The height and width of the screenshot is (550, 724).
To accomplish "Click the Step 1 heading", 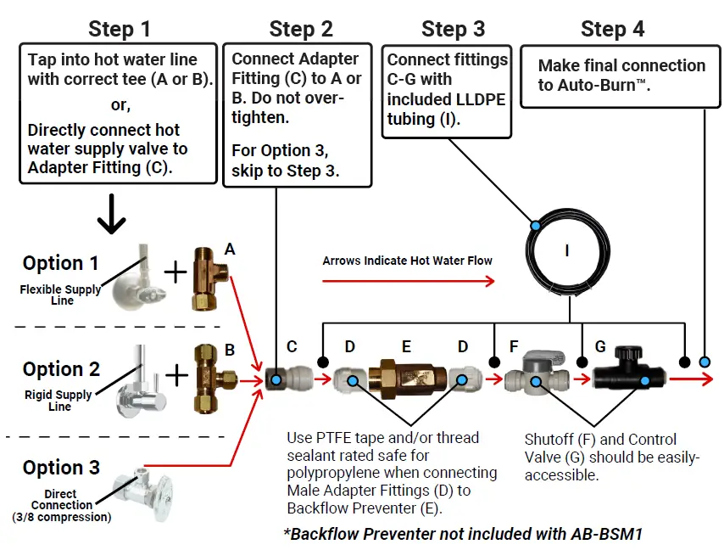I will point(120,29).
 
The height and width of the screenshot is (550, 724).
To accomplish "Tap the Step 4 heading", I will point(612,29).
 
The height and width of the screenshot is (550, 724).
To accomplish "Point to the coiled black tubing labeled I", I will point(567,251).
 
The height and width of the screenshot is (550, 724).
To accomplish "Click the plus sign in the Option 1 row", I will point(174,272).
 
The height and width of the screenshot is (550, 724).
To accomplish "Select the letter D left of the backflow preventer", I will point(350,346).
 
